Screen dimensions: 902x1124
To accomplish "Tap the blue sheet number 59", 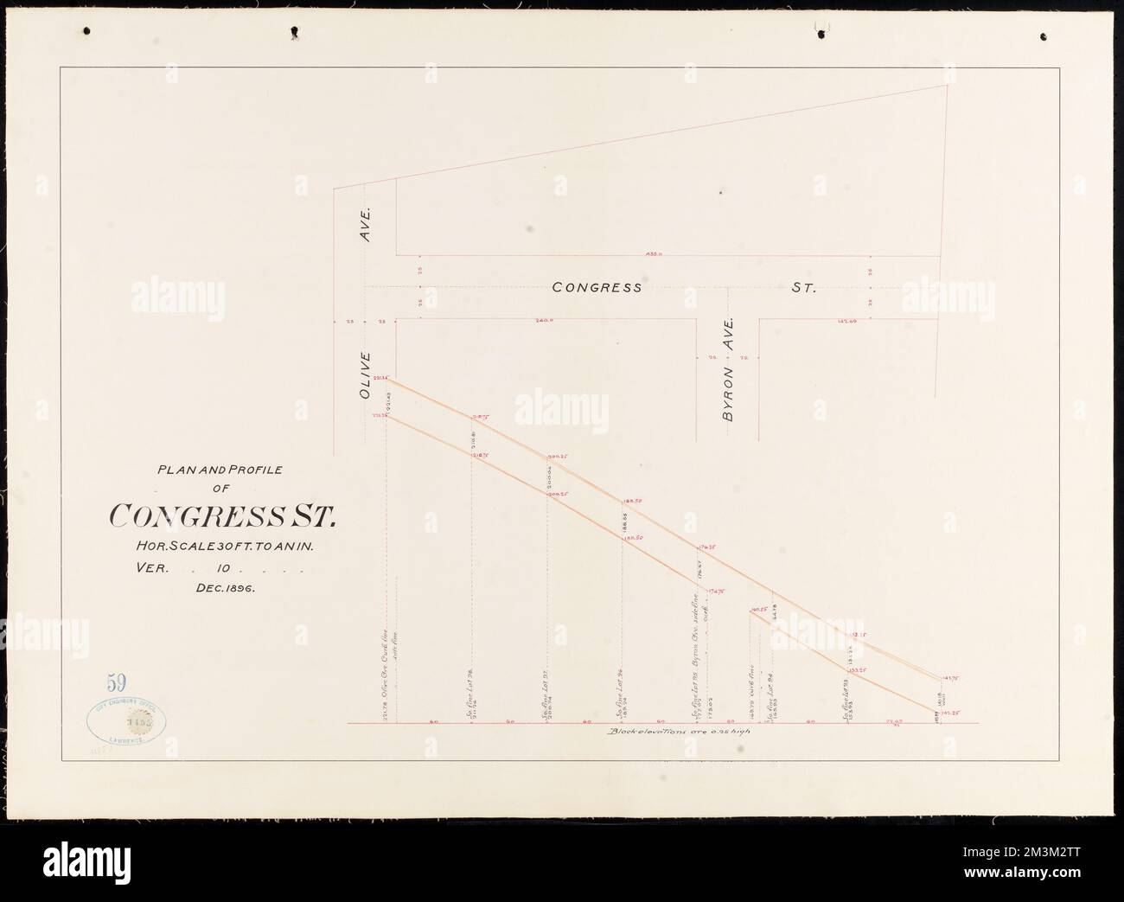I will click(113, 685).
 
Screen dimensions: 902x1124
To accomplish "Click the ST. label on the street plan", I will click(803, 287).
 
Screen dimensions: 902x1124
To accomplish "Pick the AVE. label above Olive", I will click(365, 224).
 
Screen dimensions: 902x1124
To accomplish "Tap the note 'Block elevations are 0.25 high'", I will click(679, 732).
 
